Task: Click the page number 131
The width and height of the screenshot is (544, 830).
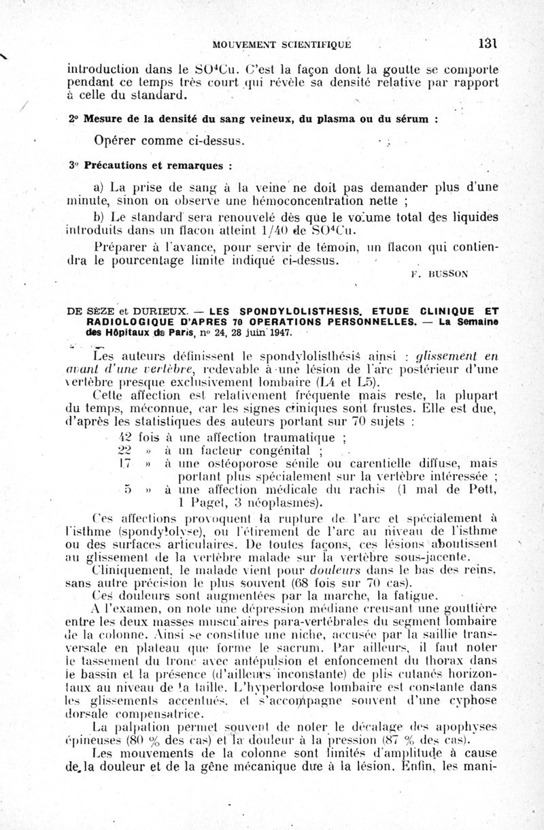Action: [488, 44]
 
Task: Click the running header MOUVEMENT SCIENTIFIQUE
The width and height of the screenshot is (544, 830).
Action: [282, 45]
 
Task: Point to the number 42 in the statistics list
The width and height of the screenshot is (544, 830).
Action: [125, 437]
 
